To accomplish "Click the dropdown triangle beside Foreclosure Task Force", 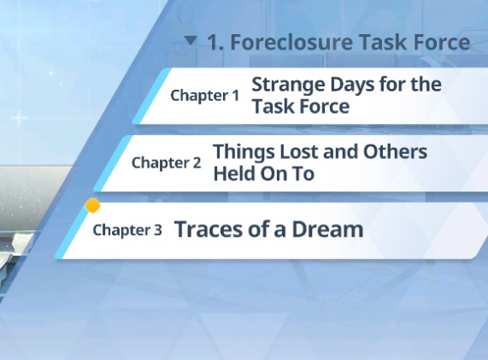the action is point(191,41).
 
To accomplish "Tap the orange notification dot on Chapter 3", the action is point(93,206).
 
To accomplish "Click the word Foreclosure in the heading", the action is point(292,42).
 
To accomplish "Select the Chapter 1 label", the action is point(205,95).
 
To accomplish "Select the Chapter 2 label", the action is point(166,162).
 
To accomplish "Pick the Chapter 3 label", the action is point(127,230).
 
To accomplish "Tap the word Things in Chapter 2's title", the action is point(244,152).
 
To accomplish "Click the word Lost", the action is point(299,151).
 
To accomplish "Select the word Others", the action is point(395,151).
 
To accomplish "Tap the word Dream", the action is point(327,229).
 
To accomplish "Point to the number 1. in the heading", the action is point(215,43).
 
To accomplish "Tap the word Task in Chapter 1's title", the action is point(273,107).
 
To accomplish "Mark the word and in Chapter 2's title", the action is point(340,151).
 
